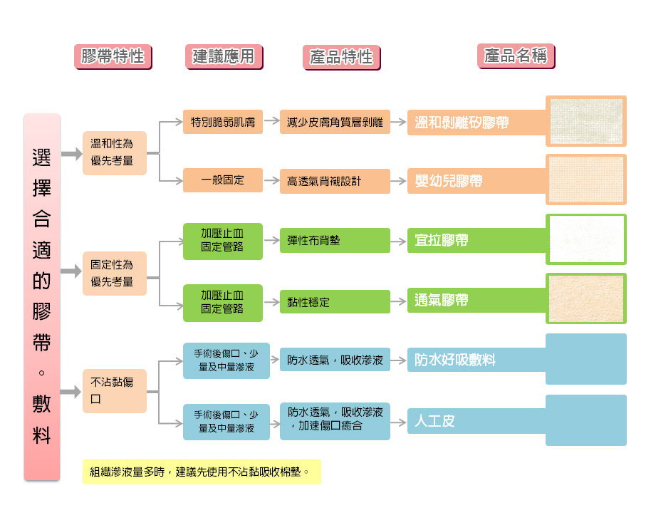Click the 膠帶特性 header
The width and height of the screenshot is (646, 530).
tap(113, 56)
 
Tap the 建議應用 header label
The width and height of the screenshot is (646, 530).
tap(224, 56)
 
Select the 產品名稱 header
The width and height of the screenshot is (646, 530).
tap(515, 56)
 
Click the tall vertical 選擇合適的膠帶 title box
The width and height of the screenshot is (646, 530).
tap(42, 296)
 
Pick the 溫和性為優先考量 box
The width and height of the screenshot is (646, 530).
tap(114, 152)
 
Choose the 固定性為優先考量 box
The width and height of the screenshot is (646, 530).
tap(114, 273)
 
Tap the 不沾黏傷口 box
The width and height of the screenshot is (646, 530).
tap(114, 390)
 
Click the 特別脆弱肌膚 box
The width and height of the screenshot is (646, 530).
tap(222, 122)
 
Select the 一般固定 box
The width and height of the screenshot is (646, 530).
tap(222, 180)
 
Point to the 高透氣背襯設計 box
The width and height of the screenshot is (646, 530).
tap(334, 181)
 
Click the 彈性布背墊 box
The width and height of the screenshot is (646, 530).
tap(334, 240)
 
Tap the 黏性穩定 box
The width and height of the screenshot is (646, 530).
tap(334, 302)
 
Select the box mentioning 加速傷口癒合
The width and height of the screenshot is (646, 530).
tap(334, 420)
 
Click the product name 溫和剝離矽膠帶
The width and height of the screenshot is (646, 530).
tap(462, 123)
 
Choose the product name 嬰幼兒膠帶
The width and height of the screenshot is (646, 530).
tap(449, 181)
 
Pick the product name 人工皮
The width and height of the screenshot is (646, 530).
tap(435, 421)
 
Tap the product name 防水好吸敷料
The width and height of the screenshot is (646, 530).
tap(456, 360)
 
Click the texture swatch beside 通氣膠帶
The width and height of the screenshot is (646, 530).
tap(586, 298)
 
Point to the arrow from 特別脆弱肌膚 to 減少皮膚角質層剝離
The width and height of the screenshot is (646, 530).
tap(271, 122)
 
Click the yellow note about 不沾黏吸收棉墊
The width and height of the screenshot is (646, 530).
tap(202, 472)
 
